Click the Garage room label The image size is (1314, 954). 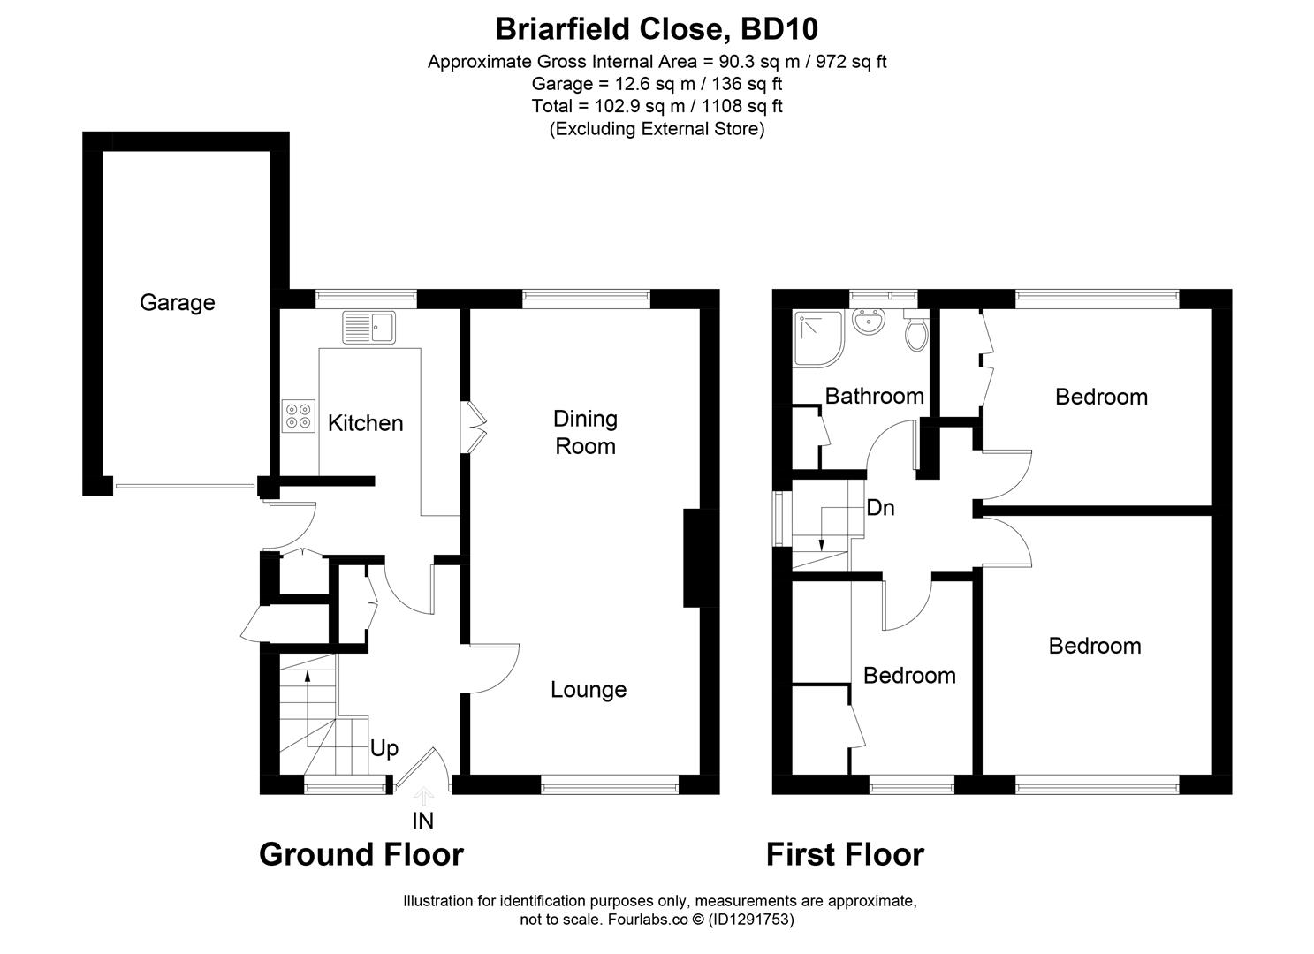click(177, 303)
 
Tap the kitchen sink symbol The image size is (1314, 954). click(370, 328)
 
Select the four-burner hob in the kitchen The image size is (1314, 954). click(299, 415)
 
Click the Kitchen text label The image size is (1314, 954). click(365, 423)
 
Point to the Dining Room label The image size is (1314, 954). click(585, 432)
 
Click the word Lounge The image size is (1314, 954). click(589, 690)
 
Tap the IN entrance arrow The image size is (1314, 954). click(423, 798)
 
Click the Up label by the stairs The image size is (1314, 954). click(384, 749)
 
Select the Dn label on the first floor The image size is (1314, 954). click(880, 508)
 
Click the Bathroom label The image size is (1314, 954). click(874, 396)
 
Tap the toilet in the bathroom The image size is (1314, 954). click(916, 332)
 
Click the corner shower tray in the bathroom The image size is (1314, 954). click(818, 338)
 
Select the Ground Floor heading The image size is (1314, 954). click(361, 854)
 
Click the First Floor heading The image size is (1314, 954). click(844, 854)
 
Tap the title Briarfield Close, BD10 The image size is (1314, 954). click(657, 29)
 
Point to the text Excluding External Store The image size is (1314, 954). click(657, 129)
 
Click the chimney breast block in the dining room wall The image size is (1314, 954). click(702, 558)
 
